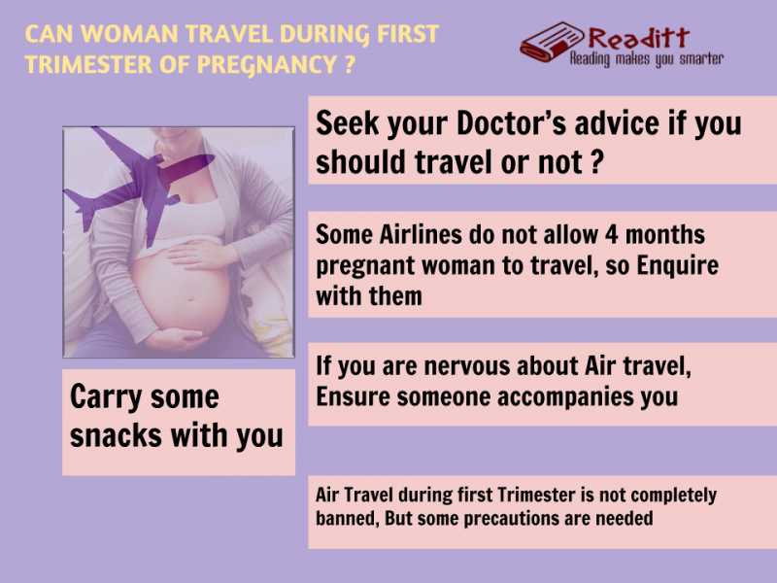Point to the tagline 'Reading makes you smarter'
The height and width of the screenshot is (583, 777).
pos(646,59)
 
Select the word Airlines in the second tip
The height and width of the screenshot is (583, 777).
pos(418,235)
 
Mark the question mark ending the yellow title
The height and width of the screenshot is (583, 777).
pos(346,67)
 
